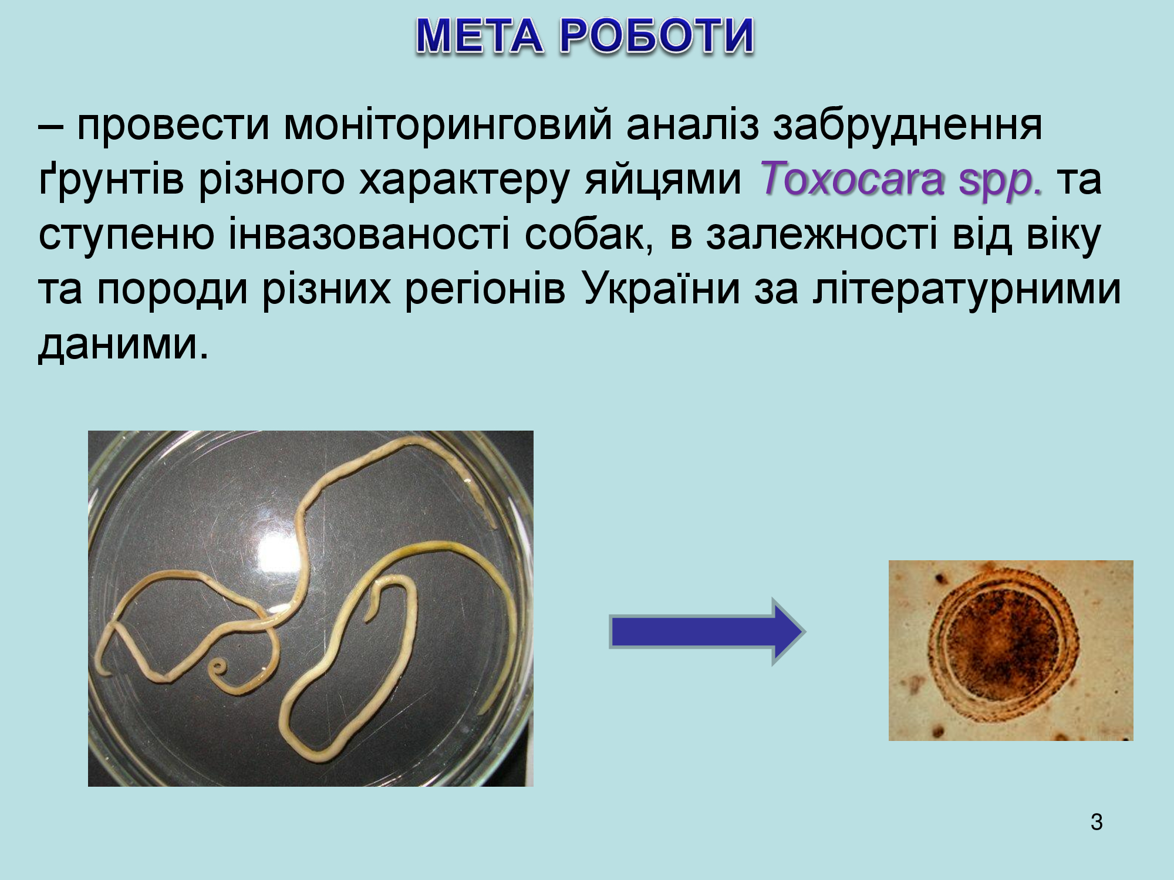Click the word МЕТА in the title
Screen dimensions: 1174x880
(x=480, y=36)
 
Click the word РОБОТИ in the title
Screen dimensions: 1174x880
(x=656, y=36)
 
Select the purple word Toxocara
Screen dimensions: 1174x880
(x=853, y=178)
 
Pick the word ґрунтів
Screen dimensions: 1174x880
(x=112, y=180)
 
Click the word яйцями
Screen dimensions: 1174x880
(x=663, y=182)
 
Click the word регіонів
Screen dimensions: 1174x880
(x=485, y=290)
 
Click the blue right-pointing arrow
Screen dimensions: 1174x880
(x=707, y=632)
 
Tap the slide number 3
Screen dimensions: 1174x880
(x=1097, y=822)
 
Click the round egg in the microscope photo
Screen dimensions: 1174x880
(x=1003, y=651)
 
